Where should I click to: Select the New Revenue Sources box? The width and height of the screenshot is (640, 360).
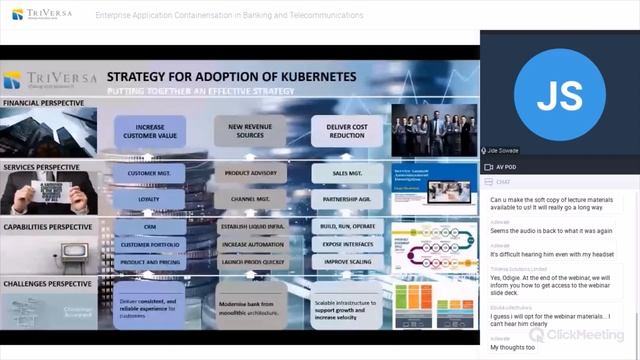click(249, 130)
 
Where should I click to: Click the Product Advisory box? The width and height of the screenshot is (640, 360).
click(249, 173)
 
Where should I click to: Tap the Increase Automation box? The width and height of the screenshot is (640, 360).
click(249, 243)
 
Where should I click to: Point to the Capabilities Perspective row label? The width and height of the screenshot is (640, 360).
click(47, 226)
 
